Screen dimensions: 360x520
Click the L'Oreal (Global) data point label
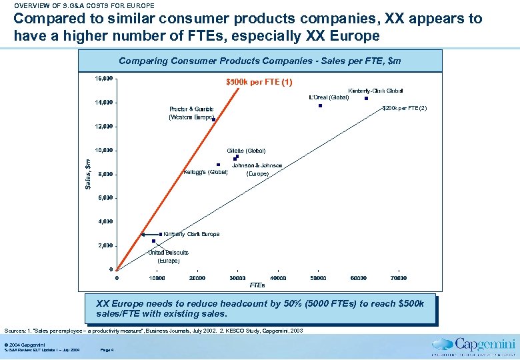(x=329, y=97)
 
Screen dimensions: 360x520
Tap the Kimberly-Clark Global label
(x=375, y=91)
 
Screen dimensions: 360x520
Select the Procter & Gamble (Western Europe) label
(x=191, y=113)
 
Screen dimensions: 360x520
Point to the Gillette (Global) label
(x=246, y=151)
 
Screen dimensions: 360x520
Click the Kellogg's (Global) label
(x=205, y=173)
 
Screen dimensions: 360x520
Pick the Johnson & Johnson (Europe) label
(x=257, y=169)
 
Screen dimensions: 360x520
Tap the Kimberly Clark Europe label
(x=191, y=234)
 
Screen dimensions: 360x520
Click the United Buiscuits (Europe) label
(x=168, y=257)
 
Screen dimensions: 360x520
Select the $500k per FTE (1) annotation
(x=259, y=83)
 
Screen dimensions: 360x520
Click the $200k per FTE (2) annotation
(x=404, y=108)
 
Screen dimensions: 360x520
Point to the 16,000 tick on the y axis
(x=103, y=79)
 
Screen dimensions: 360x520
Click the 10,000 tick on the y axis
(x=103, y=150)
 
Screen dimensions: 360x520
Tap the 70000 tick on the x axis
(x=399, y=278)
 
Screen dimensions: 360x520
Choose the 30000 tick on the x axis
(x=237, y=278)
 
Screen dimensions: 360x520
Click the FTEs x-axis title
(x=257, y=285)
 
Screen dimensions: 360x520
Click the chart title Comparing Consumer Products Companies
(x=259, y=61)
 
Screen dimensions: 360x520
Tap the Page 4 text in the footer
(x=107, y=349)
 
